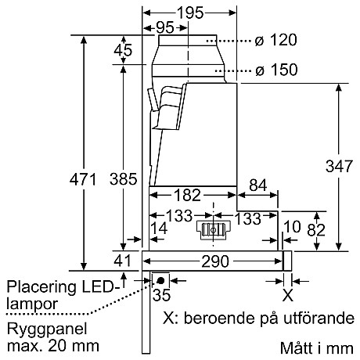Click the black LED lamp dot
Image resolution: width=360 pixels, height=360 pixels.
click(160, 279)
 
